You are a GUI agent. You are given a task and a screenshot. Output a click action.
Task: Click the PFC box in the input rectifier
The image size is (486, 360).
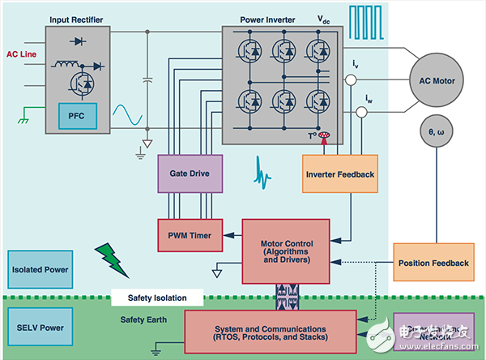point(76,118)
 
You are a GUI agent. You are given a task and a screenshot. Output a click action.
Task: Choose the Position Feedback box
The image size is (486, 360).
point(433,263)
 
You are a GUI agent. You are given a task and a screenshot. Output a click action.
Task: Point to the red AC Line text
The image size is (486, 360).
point(23,54)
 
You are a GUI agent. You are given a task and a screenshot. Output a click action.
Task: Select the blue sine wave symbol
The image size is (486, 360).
point(130,116)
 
